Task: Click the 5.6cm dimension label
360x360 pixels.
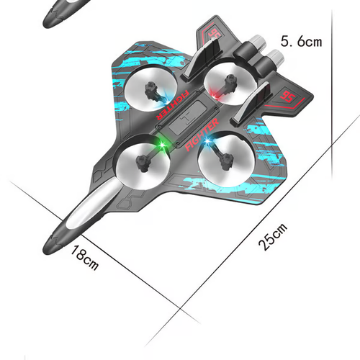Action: (x=301, y=41)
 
